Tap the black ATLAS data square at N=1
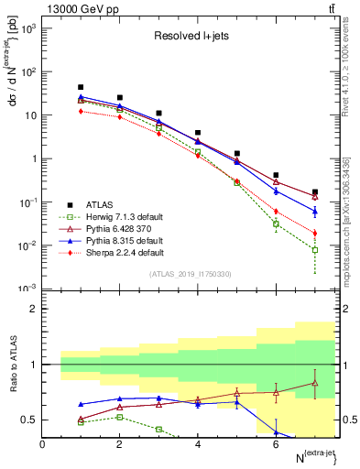click(x=82, y=87)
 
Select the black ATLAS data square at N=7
click(x=315, y=192)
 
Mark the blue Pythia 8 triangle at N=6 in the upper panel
click(x=276, y=191)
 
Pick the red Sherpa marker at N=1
click(x=82, y=111)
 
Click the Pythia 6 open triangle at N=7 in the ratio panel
click(x=315, y=383)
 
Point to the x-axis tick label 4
click(x=198, y=444)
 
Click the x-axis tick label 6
click(x=276, y=444)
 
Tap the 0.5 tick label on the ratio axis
click(x=30, y=420)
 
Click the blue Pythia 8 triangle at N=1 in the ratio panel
click(x=82, y=404)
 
